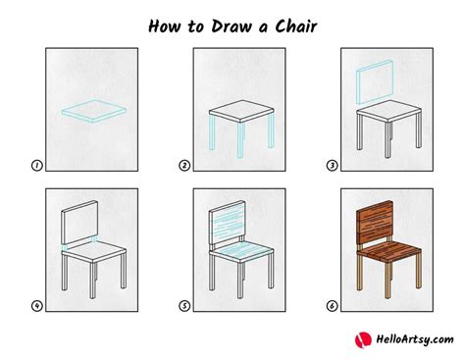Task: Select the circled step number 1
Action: point(36,167)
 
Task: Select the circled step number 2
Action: point(183,167)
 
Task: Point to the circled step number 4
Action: point(36,305)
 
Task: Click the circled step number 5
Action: point(183,305)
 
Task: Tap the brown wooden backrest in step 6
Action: point(375,221)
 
